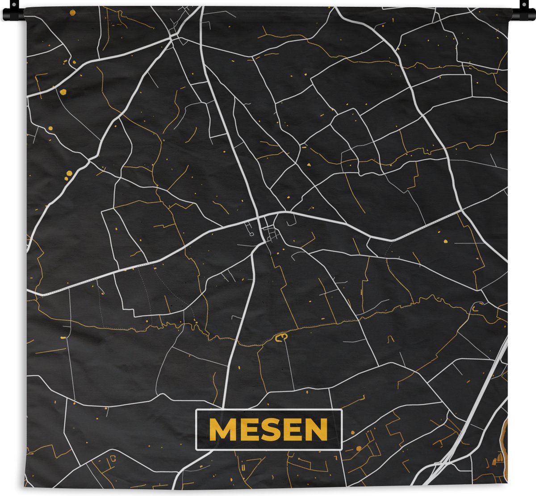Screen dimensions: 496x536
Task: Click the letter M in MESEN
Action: [220, 430]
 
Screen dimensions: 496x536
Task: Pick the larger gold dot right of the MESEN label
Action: [358, 448]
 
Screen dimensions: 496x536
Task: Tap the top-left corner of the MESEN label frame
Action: [197, 411]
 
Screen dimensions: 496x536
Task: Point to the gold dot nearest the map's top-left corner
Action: [63, 92]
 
